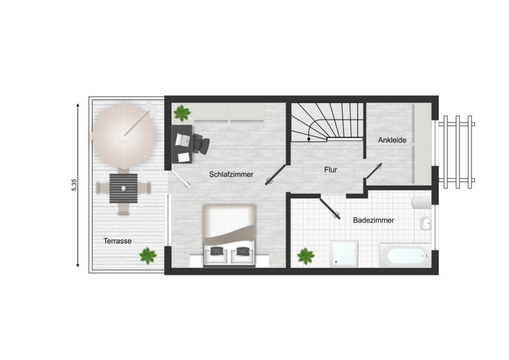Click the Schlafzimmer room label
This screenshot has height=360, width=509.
click(231, 175)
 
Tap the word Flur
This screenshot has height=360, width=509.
click(331, 170)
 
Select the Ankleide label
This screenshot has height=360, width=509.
click(392, 140)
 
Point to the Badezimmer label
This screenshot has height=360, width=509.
click(373, 220)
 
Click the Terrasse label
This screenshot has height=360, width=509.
click(117, 241)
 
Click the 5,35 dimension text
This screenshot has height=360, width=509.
click(75, 184)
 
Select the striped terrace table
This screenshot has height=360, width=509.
click(123, 188)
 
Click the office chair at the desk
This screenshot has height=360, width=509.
click(201, 143)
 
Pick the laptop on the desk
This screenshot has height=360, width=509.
click(183, 140)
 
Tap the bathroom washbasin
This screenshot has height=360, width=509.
click(425, 223)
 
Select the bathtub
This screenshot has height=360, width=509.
click(406, 255)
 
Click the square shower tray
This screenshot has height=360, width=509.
click(344, 254)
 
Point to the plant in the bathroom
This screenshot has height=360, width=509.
click(306, 256)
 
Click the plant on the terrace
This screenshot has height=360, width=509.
click(148, 256)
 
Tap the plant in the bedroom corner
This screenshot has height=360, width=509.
click(182, 113)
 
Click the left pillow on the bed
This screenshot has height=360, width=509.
click(216, 251)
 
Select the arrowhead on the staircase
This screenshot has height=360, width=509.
click(309, 140)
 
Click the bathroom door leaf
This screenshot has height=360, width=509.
click(330, 208)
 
